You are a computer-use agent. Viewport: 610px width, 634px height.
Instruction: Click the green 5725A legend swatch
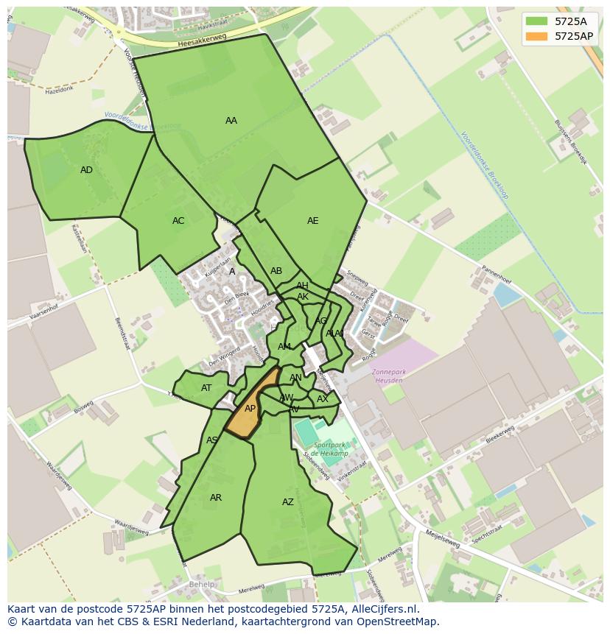click(537, 21)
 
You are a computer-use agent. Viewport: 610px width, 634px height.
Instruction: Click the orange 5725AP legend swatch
click(537, 36)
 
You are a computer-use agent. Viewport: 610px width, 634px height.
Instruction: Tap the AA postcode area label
click(231, 121)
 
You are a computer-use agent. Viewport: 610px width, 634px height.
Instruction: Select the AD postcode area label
click(87, 170)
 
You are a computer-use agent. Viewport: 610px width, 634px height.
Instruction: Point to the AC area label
click(178, 221)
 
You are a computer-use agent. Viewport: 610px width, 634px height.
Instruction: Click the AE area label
click(313, 221)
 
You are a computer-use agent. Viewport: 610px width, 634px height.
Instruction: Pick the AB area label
click(276, 271)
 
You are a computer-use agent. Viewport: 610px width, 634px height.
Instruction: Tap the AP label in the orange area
click(250, 409)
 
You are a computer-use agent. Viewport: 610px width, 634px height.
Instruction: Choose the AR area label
click(216, 498)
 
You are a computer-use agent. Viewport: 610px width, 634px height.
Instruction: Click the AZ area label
click(288, 502)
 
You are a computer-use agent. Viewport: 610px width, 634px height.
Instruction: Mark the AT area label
click(206, 388)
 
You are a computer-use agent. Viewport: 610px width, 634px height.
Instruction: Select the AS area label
click(212, 440)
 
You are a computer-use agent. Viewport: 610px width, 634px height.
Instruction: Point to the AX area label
click(322, 399)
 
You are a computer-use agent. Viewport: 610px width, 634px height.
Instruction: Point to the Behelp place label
click(201, 585)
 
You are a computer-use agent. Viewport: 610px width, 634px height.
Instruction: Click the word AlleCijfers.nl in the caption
click(384, 609)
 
